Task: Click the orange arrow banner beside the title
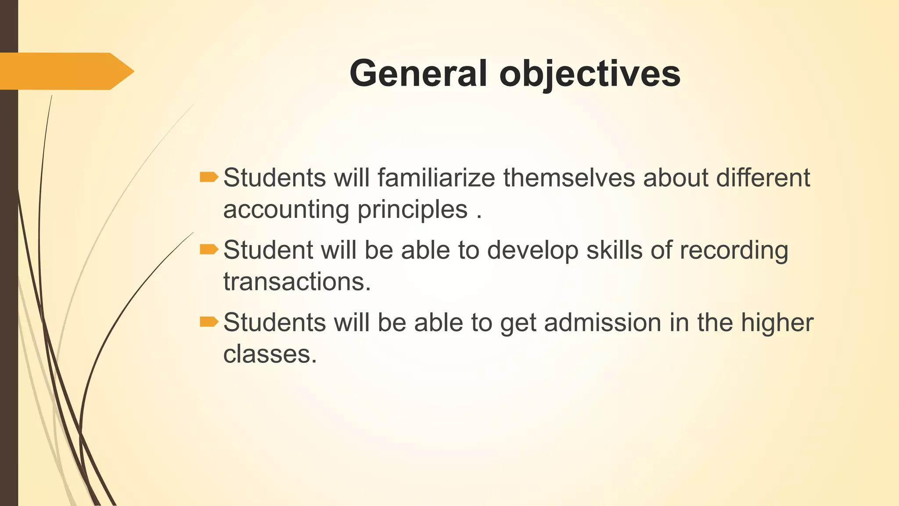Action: [x=66, y=71]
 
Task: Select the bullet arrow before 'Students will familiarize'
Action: [x=209, y=177]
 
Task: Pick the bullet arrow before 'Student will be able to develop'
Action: [x=209, y=249]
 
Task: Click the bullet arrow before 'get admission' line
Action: [x=209, y=322]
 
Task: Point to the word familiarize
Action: [x=436, y=178]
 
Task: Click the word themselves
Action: [x=569, y=178]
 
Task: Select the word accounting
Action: [x=286, y=210]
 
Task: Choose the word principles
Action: [x=412, y=210]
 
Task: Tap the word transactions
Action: [x=297, y=282]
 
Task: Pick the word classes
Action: [x=270, y=354]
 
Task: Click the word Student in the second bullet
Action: [x=268, y=250]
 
